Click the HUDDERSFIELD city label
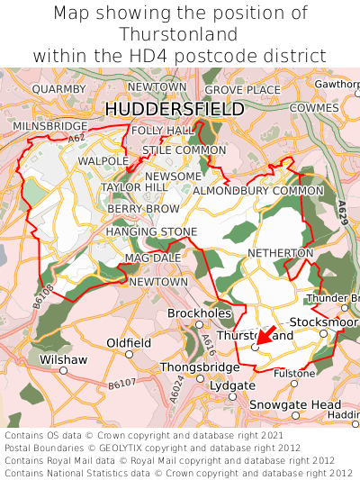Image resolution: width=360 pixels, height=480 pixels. (x=175, y=109)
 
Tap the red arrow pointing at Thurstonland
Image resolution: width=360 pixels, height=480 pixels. (x=267, y=338)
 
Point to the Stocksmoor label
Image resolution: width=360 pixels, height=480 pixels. (x=321, y=322)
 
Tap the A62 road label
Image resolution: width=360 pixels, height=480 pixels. (x=76, y=139)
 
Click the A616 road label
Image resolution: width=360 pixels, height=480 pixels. (x=209, y=341)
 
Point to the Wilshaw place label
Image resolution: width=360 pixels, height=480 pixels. (x=64, y=359)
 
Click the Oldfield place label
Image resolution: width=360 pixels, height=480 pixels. (x=129, y=343)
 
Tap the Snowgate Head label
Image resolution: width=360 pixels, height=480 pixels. (x=295, y=404)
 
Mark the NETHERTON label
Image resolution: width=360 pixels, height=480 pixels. (x=280, y=253)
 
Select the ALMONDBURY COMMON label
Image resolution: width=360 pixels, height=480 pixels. (x=258, y=191)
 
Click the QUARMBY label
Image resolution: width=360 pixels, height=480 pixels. (x=58, y=89)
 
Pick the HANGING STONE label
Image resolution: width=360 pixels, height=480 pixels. (x=151, y=231)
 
